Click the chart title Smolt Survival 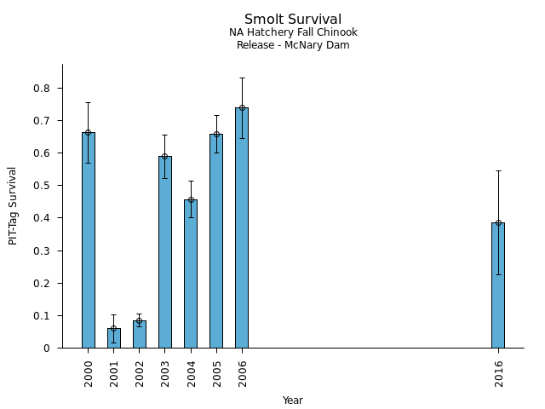293,20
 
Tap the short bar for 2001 114,338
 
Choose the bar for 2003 165,252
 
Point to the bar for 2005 216,241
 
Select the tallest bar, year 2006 242,228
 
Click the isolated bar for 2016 498,285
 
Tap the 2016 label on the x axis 499,373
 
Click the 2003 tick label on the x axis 165,373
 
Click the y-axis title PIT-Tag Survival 13,205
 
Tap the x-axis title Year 293,400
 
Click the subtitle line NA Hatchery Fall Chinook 293,32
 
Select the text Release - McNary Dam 293,45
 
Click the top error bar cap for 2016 498,170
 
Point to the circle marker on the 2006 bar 242,108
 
